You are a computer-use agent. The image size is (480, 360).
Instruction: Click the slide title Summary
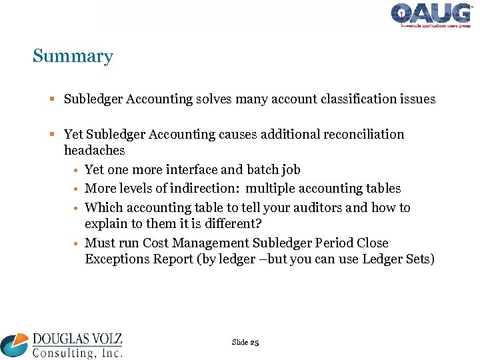pyautogui.click(x=73, y=57)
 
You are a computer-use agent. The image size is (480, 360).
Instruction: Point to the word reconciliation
pyautogui.click(x=364, y=135)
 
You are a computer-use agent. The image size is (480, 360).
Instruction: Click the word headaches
pyautogui.click(x=94, y=151)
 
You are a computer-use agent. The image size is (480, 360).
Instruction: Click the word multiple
pyautogui.click(x=271, y=189)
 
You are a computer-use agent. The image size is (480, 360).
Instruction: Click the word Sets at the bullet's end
pyautogui.click(x=419, y=259)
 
